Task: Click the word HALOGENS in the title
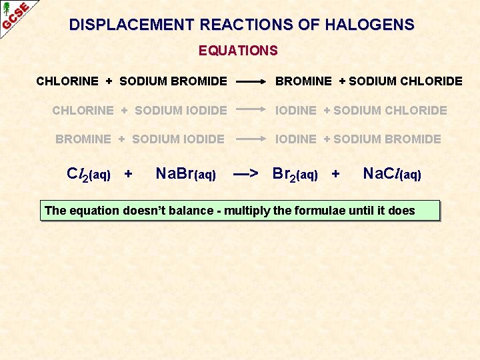point(369,25)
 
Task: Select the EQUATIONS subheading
point(238,51)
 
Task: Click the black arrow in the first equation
point(251,82)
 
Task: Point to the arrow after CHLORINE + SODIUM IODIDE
point(251,111)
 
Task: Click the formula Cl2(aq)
point(89,175)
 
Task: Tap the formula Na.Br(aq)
point(185,175)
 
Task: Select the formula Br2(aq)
point(295,175)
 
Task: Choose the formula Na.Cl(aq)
point(392,175)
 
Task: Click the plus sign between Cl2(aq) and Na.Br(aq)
point(129,175)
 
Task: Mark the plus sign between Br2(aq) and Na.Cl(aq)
point(335,175)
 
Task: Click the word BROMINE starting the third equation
point(83,139)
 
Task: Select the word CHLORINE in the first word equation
point(67,81)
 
